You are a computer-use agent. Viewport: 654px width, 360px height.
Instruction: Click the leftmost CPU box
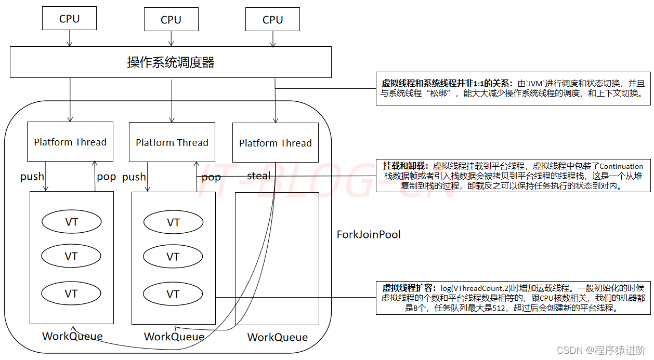tap(69, 19)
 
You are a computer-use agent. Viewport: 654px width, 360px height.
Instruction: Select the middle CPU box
tap(171, 20)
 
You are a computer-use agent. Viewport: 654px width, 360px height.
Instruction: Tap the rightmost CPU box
tap(272, 20)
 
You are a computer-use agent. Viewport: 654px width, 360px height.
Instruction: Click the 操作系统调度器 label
tap(171, 63)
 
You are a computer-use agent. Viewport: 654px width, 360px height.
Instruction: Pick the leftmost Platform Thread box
tap(70, 142)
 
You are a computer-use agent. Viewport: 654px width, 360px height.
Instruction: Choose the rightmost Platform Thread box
tap(275, 143)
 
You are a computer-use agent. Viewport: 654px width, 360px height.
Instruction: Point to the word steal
tap(258, 176)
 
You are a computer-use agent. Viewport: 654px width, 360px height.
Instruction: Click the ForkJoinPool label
tap(369, 234)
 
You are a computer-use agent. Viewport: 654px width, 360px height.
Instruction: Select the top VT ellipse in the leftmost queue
tap(71, 222)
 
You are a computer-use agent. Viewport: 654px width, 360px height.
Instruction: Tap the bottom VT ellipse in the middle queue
tap(173, 294)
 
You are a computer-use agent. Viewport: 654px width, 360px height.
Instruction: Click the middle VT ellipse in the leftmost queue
tap(71, 257)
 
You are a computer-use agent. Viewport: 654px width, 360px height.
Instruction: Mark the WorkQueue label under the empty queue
tap(277, 337)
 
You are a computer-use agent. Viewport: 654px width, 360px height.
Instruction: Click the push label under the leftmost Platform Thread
tap(32, 177)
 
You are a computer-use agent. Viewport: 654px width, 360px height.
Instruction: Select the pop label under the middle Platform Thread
tap(211, 177)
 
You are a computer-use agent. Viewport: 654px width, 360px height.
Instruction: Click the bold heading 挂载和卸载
tap(406, 166)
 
